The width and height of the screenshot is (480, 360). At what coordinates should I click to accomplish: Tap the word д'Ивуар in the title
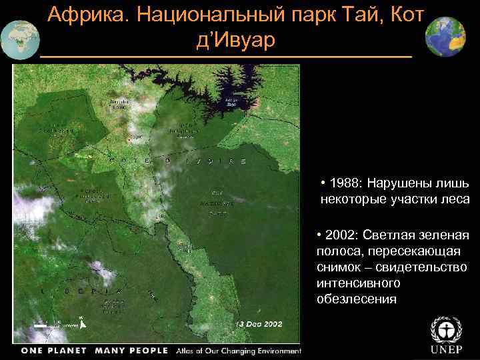[235, 41]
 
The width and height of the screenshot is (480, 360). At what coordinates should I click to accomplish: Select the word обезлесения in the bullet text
[357, 299]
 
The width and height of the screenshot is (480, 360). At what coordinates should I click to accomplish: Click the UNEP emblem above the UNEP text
[445, 331]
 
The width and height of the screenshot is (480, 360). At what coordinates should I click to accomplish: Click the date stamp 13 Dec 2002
[259, 323]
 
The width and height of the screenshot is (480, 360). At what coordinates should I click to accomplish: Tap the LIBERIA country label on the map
[81, 291]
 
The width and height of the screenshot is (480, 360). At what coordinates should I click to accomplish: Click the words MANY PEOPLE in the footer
[132, 351]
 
